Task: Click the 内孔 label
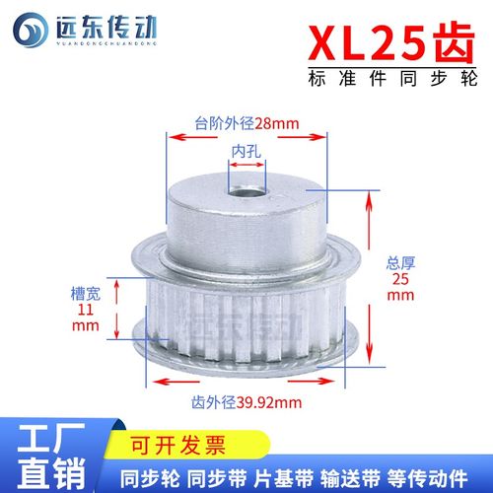point(246,151)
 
